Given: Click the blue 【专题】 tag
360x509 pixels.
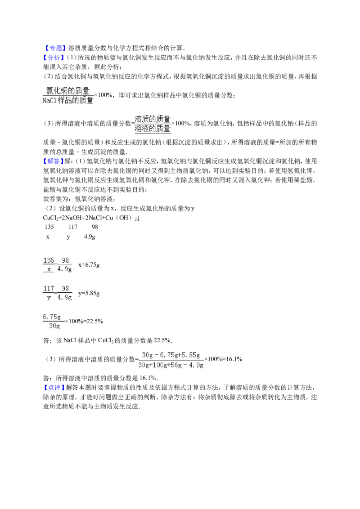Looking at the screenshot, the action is click(x=54, y=48).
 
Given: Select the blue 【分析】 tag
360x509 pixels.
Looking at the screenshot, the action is click(x=54, y=58).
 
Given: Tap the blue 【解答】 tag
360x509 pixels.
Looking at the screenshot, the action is click(x=54, y=161).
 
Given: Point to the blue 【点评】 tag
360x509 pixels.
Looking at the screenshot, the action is click(x=54, y=388).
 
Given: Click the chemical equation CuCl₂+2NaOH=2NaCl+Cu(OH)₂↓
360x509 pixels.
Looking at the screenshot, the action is click(x=91, y=218).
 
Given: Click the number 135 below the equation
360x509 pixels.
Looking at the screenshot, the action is click(x=49, y=227).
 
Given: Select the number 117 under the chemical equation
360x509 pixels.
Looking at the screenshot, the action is click(x=73, y=227).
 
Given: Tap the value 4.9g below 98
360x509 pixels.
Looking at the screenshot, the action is click(x=90, y=237).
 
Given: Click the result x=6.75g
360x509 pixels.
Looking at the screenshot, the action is click(x=89, y=265).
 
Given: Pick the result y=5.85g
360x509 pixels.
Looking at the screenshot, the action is click(x=89, y=294).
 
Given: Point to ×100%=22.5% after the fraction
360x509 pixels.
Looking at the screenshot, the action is click(x=84, y=321).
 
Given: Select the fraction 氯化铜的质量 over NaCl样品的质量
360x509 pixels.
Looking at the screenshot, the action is click(x=68, y=95).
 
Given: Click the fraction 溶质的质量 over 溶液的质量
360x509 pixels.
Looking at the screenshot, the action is click(x=153, y=124).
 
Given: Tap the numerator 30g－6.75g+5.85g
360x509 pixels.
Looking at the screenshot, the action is click(x=171, y=355).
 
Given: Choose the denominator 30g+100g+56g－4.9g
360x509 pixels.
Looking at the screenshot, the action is click(x=171, y=365).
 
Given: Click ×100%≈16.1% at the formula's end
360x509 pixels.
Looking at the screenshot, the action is click(x=223, y=359).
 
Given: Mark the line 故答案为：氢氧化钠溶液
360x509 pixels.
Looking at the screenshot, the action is click(x=79, y=199).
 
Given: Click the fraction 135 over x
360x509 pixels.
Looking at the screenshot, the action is click(x=49, y=264).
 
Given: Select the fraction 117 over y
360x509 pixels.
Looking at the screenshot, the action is click(x=49, y=293).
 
